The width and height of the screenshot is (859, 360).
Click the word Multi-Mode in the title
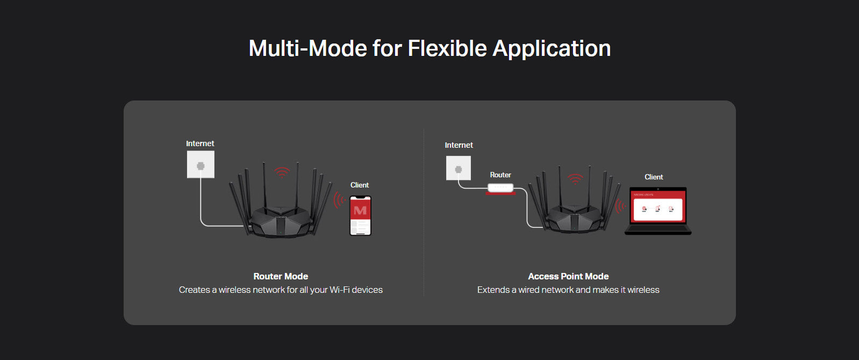(x=307, y=48)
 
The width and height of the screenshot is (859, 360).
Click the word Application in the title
(x=552, y=49)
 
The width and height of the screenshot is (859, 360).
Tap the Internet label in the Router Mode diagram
(x=200, y=143)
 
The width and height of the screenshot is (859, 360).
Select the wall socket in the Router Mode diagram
(x=201, y=164)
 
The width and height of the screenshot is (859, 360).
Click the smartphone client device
(x=361, y=215)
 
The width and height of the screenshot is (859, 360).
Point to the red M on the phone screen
(x=360, y=211)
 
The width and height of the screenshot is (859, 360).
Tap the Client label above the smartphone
(x=359, y=185)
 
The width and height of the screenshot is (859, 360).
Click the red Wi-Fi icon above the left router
(x=282, y=172)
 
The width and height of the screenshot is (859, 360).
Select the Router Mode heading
(x=281, y=276)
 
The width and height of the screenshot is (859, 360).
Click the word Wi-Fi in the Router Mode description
(x=339, y=290)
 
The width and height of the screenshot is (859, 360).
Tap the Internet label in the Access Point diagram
(x=459, y=145)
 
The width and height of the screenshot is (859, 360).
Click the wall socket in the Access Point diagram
(x=459, y=168)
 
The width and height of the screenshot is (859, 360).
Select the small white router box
(x=500, y=188)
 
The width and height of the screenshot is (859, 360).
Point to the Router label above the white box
(x=500, y=175)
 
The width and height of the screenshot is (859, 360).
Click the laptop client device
(x=658, y=211)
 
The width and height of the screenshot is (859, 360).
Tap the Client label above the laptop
(x=654, y=177)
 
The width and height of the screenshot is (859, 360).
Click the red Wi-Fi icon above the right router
(x=575, y=179)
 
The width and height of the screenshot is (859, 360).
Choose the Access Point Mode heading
(x=568, y=276)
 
